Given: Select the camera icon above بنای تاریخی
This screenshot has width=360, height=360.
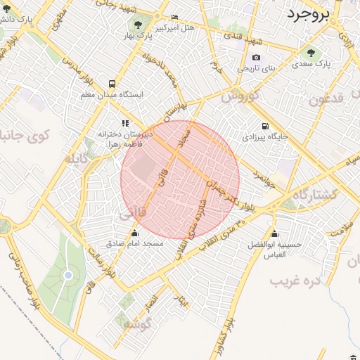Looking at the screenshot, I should point(255,57).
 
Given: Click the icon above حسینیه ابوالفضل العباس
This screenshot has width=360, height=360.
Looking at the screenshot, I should point(274,234).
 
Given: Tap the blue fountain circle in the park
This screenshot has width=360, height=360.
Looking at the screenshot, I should point(68,275).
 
